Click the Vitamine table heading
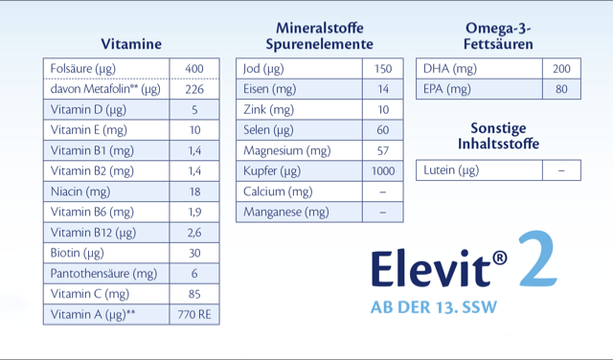pyautogui.click(x=131, y=44)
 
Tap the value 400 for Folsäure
pyautogui.click(x=194, y=69)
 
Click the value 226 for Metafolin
pyautogui.click(x=194, y=89)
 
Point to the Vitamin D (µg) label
pyautogui.click(x=88, y=109)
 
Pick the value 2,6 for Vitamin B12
pyautogui.click(x=194, y=233)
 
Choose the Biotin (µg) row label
pyautogui.click(x=78, y=253)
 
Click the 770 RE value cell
pyautogui.click(x=194, y=314)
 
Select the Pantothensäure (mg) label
pyautogui.click(x=103, y=274)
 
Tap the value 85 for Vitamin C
pyautogui.click(x=194, y=294)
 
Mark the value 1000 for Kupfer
pyautogui.click(x=383, y=170)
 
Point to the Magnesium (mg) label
pyautogui.click(x=286, y=150)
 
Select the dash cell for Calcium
pyautogui.click(x=383, y=191)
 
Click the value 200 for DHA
pyautogui.click(x=561, y=69)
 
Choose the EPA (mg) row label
pyautogui.click(x=447, y=89)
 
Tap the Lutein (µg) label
pyautogui.click(x=451, y=170)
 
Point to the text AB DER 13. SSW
pyautogui.click(x=434, y=308)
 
